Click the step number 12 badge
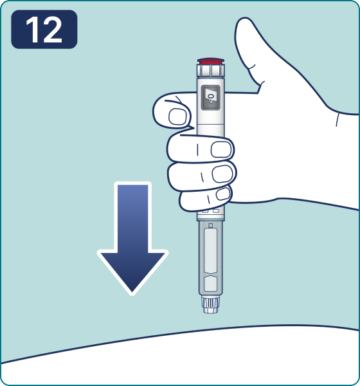click(x=44, y=30)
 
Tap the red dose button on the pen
click(x=211, y=61)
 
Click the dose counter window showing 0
click(x=211, y=98)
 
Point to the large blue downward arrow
click(x=132, y=238)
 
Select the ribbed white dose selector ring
click(x=211, y=71)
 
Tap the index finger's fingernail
click(x=177, y=116)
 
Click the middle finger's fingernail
click(x=221, y=149)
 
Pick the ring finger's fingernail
click(x=222, y=174)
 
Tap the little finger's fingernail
click(x=223, y=194)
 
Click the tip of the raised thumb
click(x=244, y=21)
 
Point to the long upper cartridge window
click(x=211, y=251)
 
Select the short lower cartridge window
click(x=211, y=284)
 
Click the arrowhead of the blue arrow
click(x=132, y=272)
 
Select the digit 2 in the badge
click(x=52, y=30)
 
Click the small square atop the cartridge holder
click(x=211, y=226)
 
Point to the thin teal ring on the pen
click(x=211, y=219)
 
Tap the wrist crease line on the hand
click(x=337, y=120)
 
